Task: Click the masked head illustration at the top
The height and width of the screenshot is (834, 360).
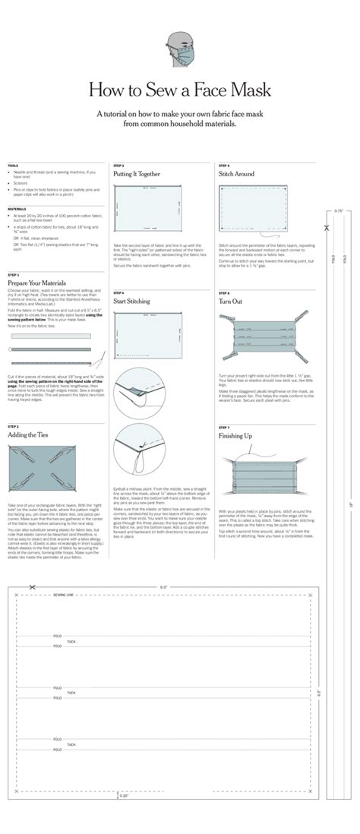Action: coord(180,46)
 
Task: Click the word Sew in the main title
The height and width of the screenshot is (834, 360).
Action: coord(162,90)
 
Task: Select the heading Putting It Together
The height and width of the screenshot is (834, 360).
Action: coord(137,174)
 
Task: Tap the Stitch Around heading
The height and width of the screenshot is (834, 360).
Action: coord(236,174)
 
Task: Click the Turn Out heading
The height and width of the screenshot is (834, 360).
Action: coord(230,302)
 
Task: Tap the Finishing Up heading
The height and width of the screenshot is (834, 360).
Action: coord(235,436)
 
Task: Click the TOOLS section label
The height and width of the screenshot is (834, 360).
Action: coord(13,166)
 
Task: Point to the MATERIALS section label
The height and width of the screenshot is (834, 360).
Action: coord(17,208)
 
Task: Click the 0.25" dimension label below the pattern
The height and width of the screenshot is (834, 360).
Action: coord(124,795)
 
